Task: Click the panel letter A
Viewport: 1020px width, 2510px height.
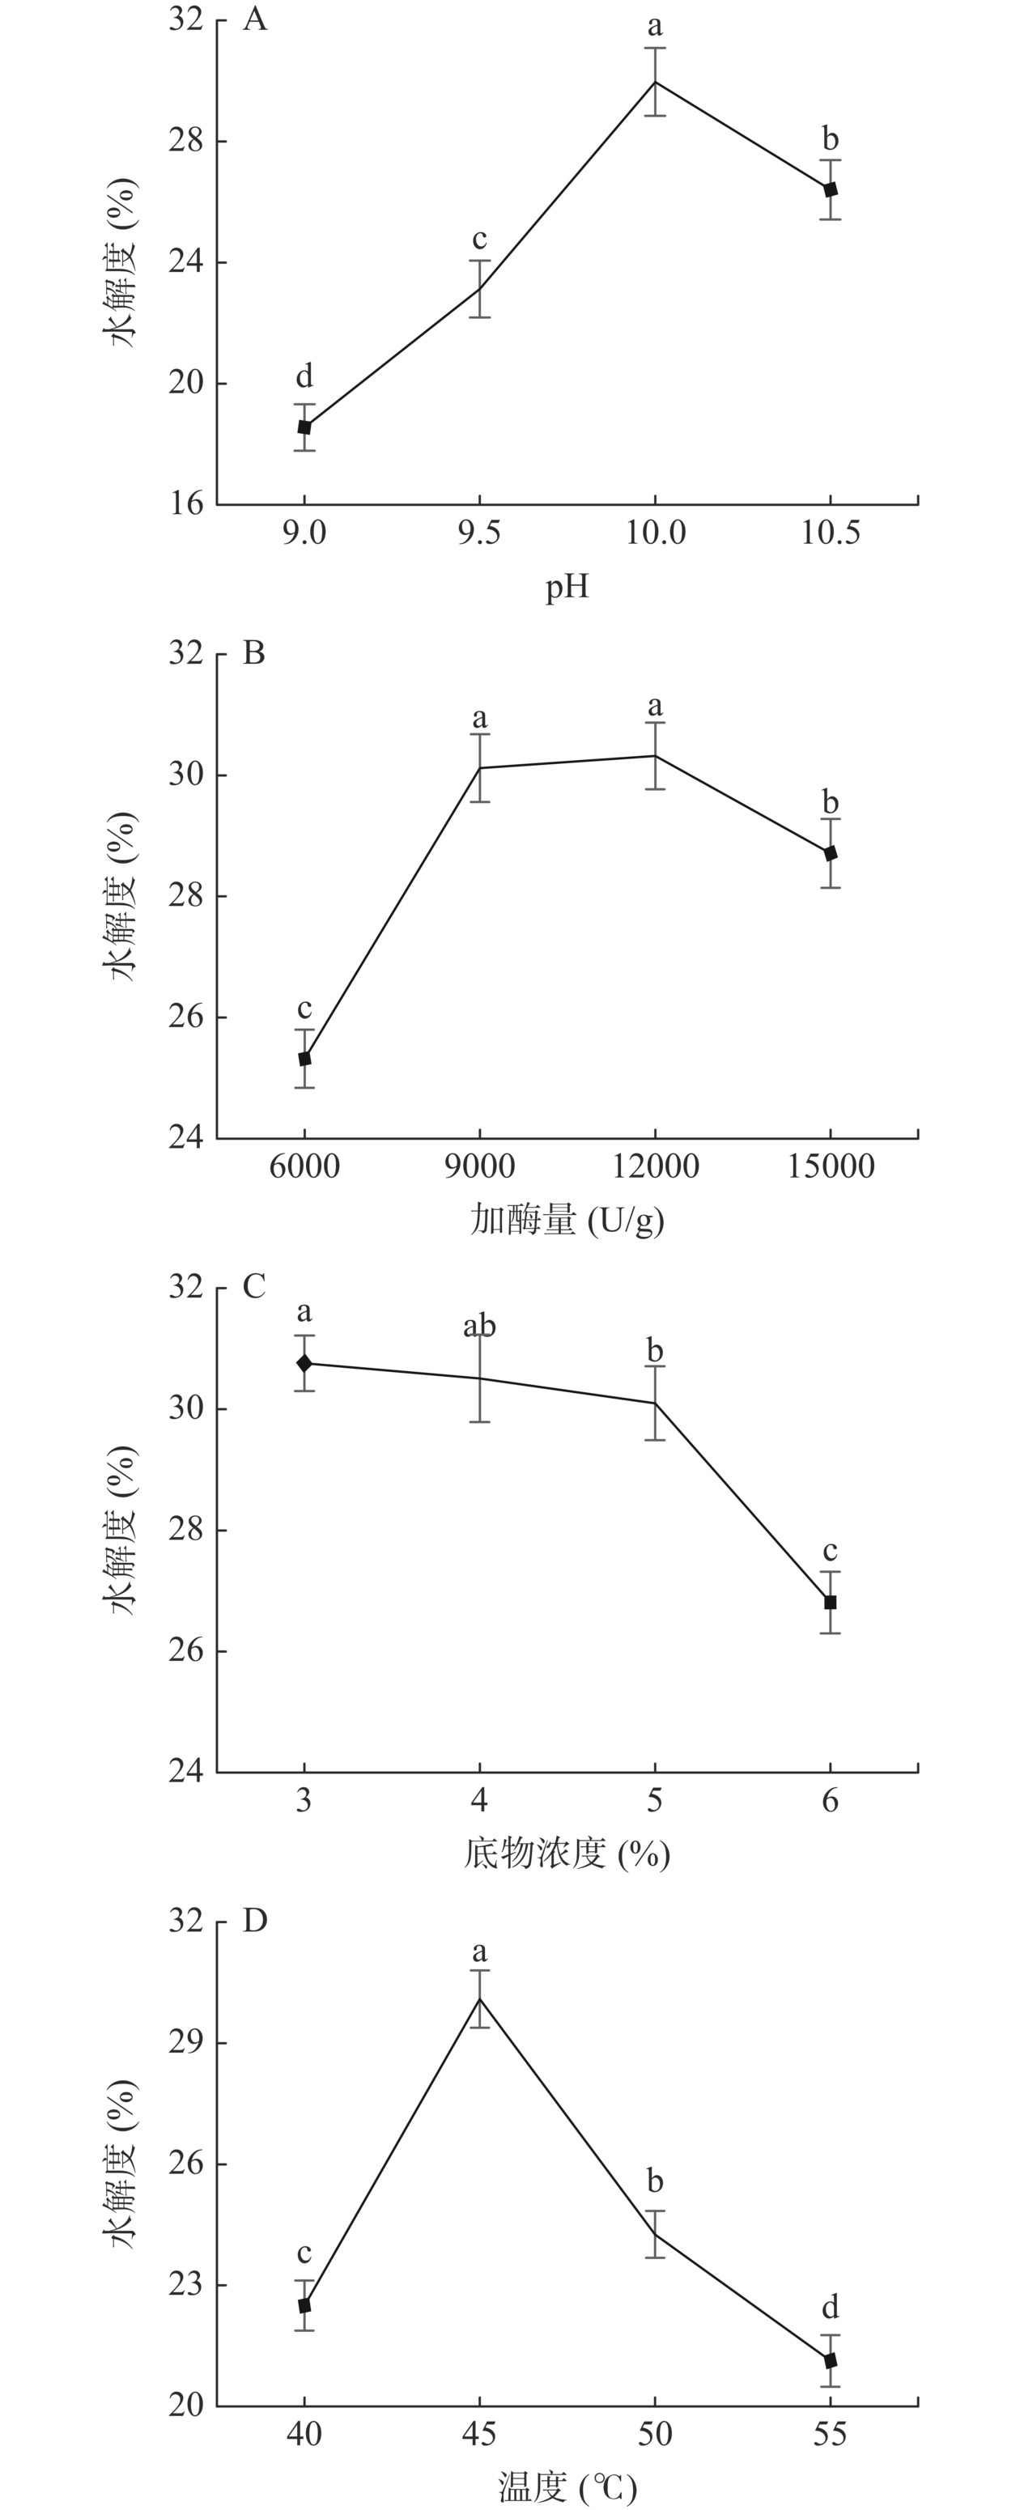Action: [254, 19]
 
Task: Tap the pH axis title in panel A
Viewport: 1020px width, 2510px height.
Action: [566, 588]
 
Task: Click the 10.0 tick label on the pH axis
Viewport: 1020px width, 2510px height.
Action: [655, 533]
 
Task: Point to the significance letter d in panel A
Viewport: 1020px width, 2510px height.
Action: [304, 376]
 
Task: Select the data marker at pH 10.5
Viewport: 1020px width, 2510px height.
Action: [830, 190]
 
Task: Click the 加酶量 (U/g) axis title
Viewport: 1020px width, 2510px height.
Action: [566, 1220]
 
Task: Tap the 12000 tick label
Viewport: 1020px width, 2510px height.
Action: [655, 1166]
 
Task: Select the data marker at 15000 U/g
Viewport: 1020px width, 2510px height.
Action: [830, 854]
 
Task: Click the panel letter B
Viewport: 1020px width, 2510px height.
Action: [253, 653]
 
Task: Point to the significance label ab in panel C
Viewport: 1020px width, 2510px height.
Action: [479, 1326]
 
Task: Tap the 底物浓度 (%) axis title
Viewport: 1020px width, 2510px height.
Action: [566, 1854]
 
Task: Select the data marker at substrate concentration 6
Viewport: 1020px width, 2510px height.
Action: [830, 1602]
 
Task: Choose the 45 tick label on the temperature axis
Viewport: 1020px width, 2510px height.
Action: [479, 2434]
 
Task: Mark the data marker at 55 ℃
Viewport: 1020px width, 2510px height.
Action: [830, 2361]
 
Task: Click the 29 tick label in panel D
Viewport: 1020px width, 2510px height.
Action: [185, 2042]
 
